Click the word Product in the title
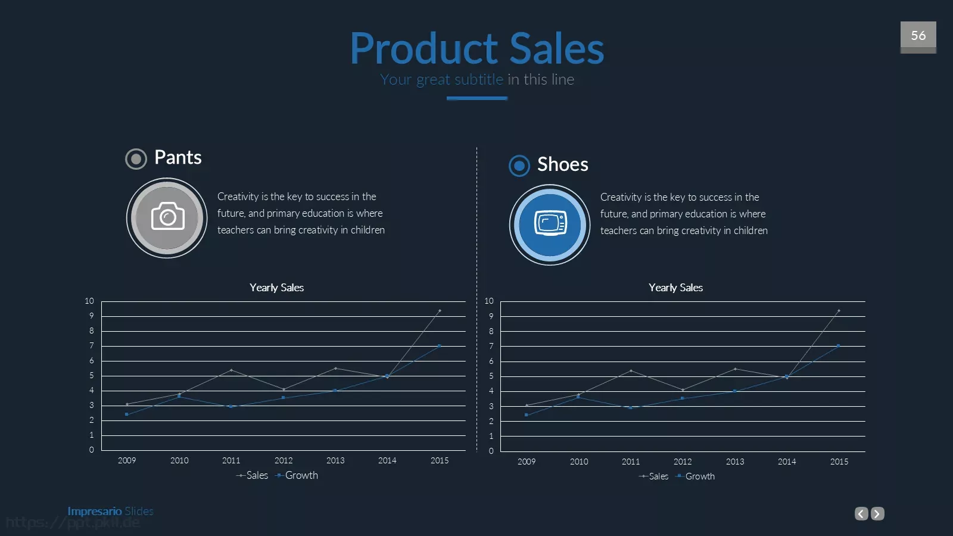point(423,49)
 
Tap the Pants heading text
point(178,157)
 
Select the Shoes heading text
point(562,164)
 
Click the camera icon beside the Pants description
point(167,216)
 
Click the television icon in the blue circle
point(550,223)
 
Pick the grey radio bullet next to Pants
point(136,159)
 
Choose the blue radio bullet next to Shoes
point(519,166)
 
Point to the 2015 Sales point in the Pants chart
point(440,310)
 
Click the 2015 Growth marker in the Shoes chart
point(838,346)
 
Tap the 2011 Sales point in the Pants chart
point(231,370)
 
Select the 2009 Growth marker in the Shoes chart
point(527,415)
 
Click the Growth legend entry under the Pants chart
point(297,475)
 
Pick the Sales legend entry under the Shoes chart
point(653,476)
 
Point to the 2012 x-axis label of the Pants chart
point(284,460)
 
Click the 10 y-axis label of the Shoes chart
point(489,301)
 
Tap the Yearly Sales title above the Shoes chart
point(675,288)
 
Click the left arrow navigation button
point(861,513)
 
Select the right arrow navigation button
point(877,513)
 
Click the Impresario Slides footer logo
point(111,511)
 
